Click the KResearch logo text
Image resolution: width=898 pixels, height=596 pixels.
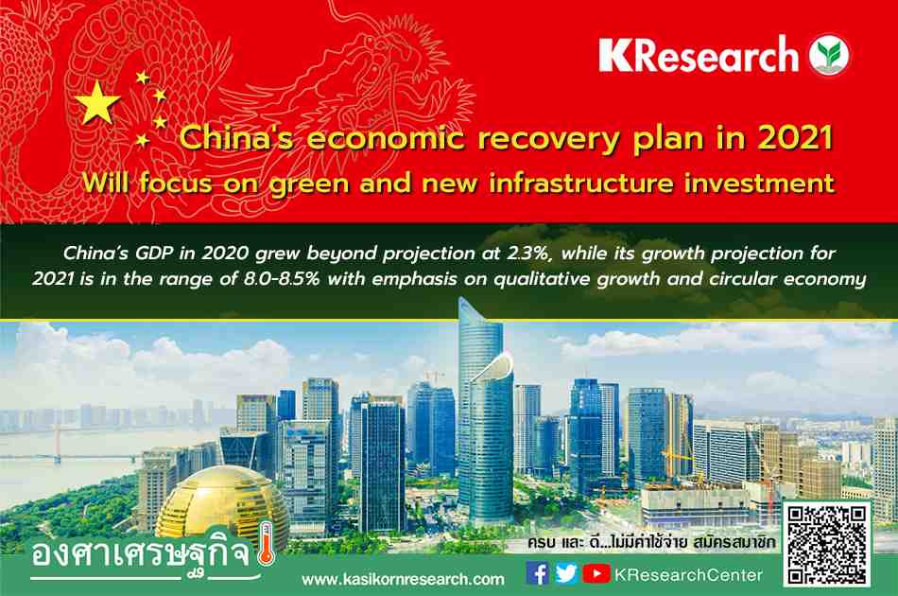click(x=699, y=55)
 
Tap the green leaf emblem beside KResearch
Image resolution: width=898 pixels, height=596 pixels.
click(x=829, y=55)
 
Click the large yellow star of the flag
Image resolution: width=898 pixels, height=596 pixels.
click(x=97, y=103)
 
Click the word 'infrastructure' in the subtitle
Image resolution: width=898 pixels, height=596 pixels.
click(x=581, y=184)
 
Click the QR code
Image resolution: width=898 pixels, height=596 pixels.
click(x=826, y=546)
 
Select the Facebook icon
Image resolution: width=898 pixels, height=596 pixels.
click(x=537, y=573)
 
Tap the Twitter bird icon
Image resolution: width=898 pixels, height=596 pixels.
click(x=566, y=573)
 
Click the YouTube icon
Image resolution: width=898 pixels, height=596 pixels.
click(x=596, y=573)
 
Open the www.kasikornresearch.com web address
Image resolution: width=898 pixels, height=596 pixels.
click(x=404, y=579)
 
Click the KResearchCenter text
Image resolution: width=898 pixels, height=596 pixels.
click(x=688, y=575)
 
